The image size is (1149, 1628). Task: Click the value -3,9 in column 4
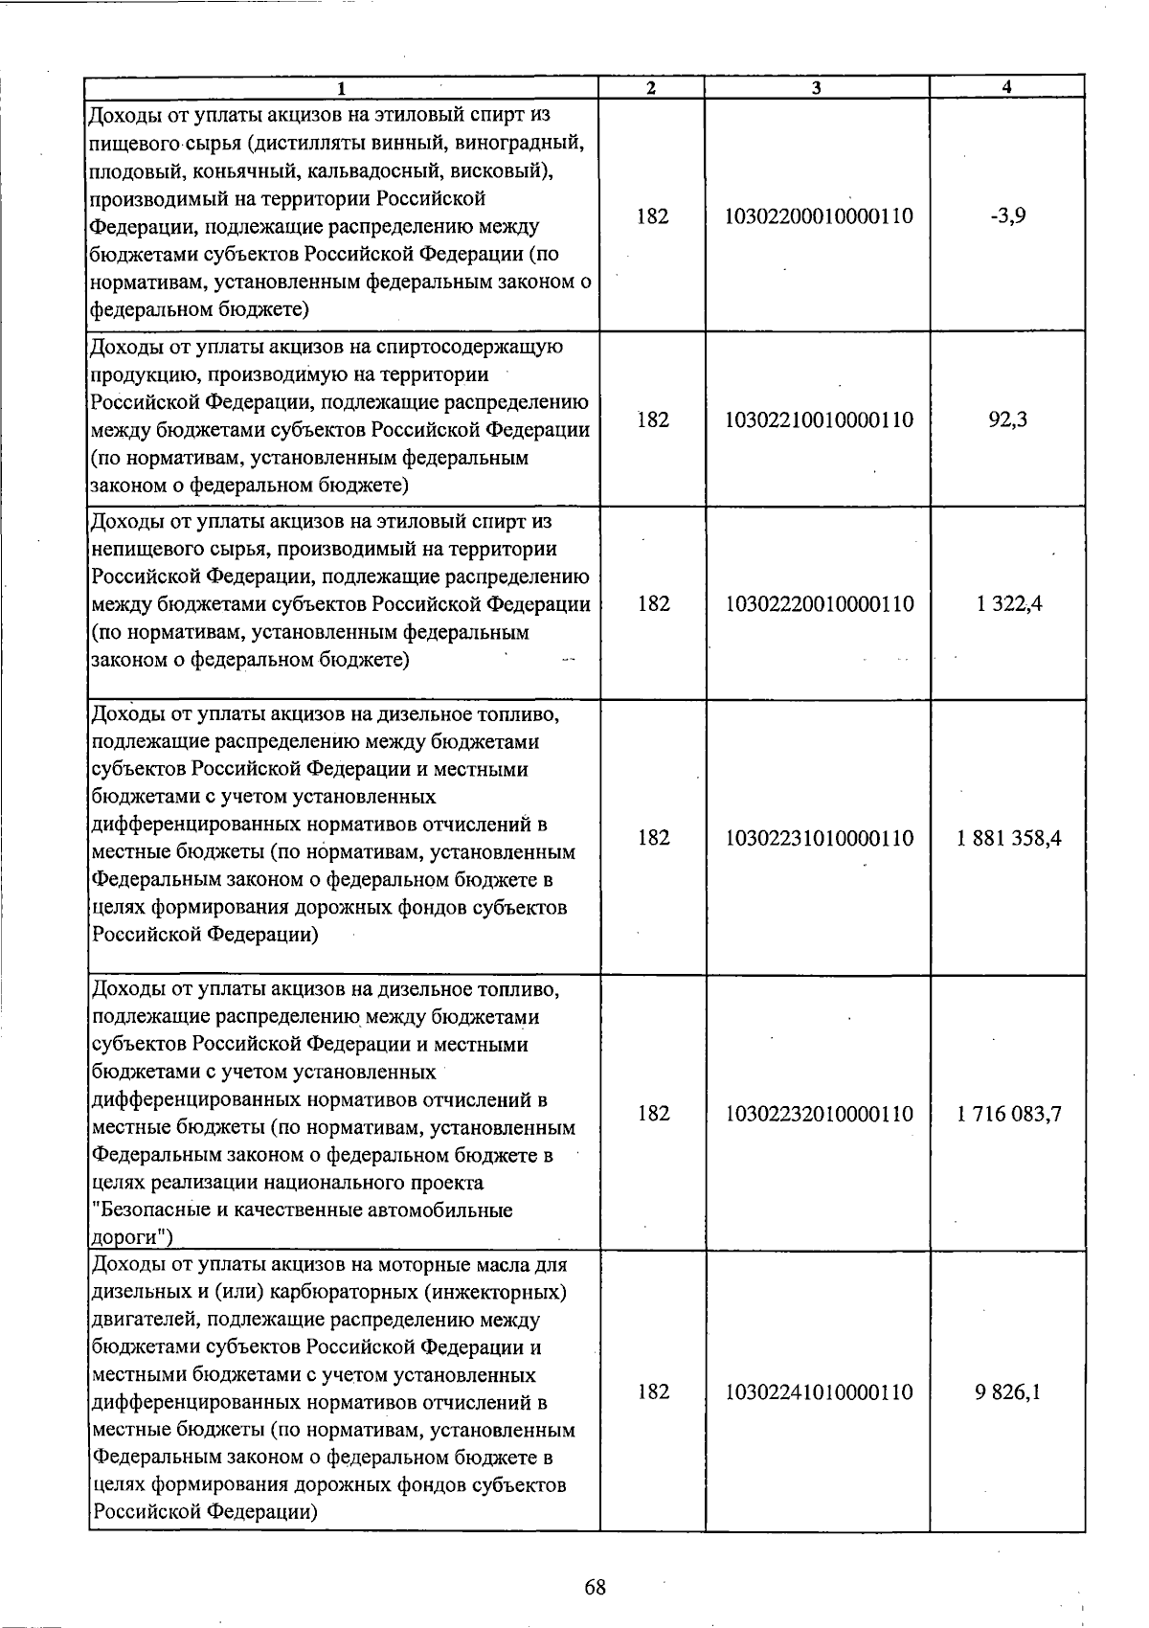tap(1008, 216)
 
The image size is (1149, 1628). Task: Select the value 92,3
tap(1008, 419)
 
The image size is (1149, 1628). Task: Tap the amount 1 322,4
tap(1008, 604)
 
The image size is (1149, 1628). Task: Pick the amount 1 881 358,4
tap(1008, 839)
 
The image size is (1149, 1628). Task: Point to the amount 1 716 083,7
tap(1008, 1115)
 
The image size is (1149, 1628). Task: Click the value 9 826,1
tap(1008, 1392)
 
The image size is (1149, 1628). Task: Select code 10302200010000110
tap(820, 216)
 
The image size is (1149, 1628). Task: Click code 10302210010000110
tap(820, 419)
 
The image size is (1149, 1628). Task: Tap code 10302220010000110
tap(820, 604)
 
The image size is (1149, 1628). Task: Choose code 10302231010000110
tap(820, 839)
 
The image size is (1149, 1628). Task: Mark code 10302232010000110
tap(820, 1115)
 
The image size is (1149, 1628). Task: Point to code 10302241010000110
tap(820, 1392)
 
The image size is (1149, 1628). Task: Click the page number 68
tap(595, 1588)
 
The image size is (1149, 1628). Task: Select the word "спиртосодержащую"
tap(470, 347)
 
